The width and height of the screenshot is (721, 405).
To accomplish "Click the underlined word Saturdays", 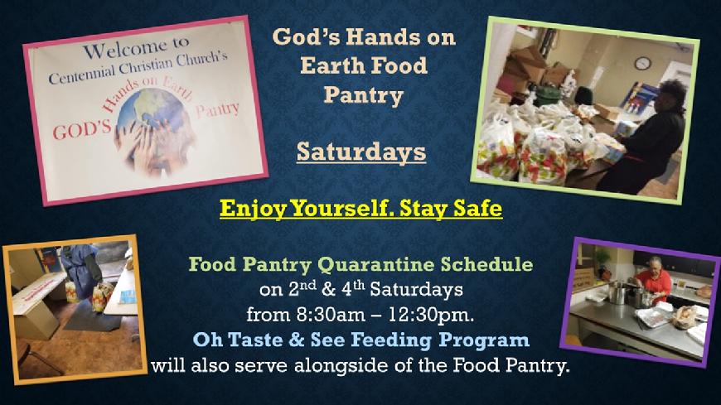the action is (361, 152).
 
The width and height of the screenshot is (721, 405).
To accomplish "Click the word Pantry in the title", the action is (363, 95).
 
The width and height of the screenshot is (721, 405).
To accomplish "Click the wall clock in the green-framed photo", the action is (642, 63).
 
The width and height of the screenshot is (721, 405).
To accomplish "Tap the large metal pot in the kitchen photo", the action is (617, 293).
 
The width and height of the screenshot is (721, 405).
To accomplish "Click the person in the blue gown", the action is (81, 271).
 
